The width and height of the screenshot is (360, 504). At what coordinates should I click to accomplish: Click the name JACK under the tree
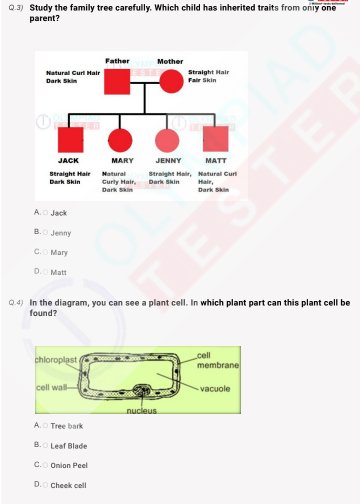tap(68, 160)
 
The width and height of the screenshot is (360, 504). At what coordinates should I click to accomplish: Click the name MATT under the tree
tap(215, 160)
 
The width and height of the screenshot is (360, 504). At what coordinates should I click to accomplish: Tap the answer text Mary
tap(60, 252)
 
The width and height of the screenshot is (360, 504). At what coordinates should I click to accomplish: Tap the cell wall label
tap(51, 387)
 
